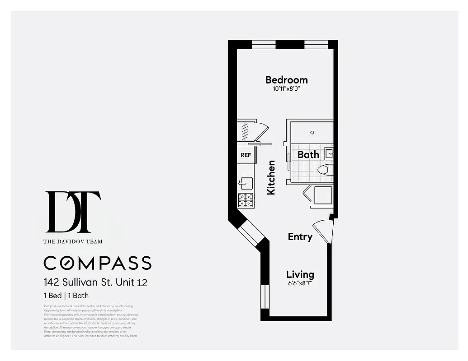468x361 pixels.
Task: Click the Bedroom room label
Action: tap(286, 80)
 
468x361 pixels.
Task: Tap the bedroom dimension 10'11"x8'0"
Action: tap(286, 89)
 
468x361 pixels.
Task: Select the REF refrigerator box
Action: tap(246, 155)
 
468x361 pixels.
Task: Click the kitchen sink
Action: tap(246, 183)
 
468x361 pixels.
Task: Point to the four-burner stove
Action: tap(246, 200)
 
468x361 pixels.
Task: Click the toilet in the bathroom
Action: tap(324, 170)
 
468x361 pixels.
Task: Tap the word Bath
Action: tap(308, 154)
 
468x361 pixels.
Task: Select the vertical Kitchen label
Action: tap(271, 177)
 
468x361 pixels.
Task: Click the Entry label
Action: tap(300, 236)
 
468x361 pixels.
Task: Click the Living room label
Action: tap(300, 274)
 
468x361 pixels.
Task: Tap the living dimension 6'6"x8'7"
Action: tap(300, 283)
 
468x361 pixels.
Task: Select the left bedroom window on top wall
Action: tap(264, 44)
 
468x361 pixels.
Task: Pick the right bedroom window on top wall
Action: tap(316, 44)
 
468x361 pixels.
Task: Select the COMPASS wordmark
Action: tap(97, 263)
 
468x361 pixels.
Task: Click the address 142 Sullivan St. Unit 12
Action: tap(95, 283)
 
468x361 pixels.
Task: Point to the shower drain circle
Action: tap(312, 132)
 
